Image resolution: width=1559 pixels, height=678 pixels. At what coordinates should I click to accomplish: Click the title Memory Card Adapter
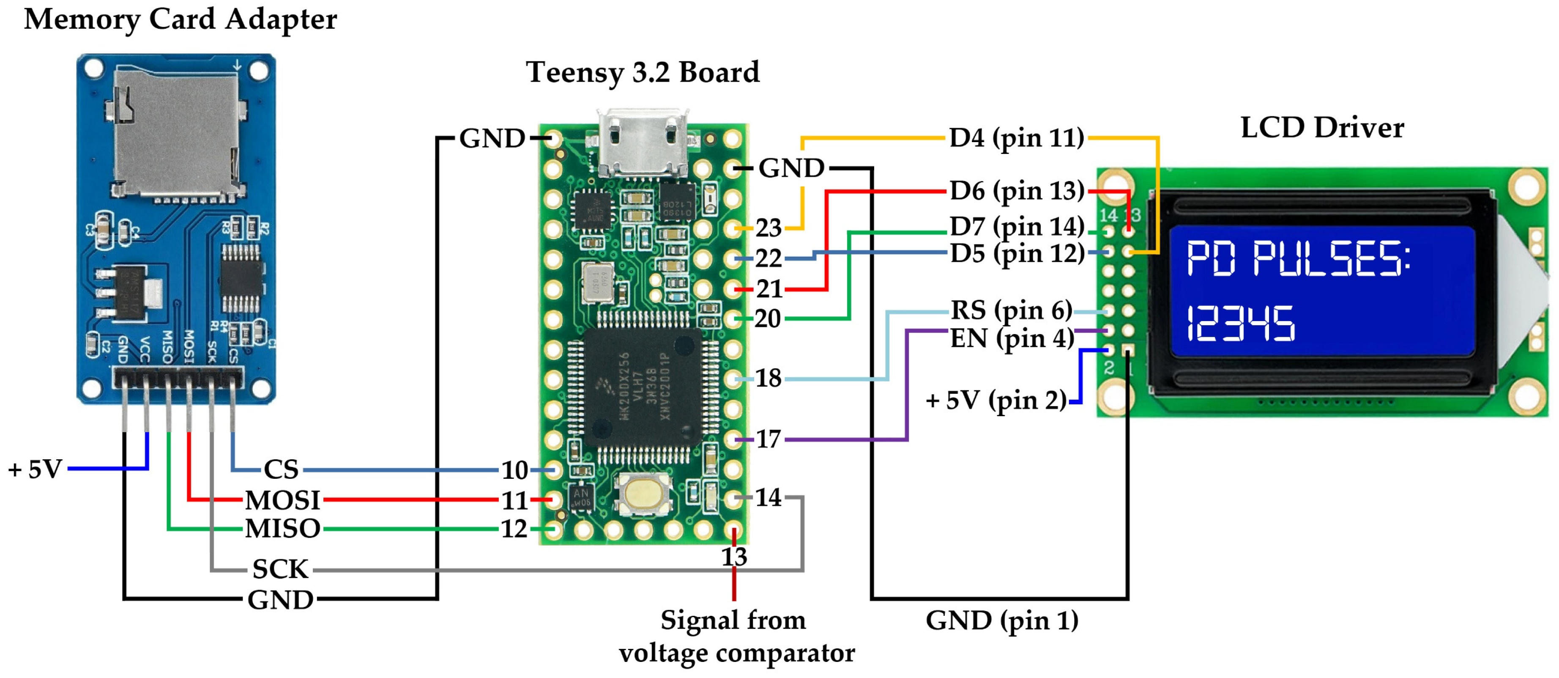pyautogui.click(x=181, y=19)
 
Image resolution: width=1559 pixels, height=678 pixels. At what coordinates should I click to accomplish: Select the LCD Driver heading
pyautogui.click(x=1322, y=128)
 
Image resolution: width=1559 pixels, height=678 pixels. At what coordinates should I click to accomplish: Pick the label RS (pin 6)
pyautogui.click(x=1011, y=310)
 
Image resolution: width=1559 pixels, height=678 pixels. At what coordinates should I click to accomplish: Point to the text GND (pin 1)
pyautogui.click(x=1001, y=620)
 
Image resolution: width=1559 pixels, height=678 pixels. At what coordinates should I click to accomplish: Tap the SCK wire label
pyautogui.click(x=280, y=569)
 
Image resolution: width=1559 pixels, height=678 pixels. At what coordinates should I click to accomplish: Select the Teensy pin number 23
pyautogui.click(x=768, y=228)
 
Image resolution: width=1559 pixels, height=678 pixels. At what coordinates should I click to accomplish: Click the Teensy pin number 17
pyautogui.click(x=768, y=439)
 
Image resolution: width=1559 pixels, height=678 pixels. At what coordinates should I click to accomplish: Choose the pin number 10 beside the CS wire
pyautogui.click(x=514, y=470)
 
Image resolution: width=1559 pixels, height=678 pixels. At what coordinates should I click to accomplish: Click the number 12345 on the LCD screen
pyautogui.click(x=1240, y=324)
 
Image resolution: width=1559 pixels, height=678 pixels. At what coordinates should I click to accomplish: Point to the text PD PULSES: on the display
pyautogui.click(x=1298, y=259)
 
